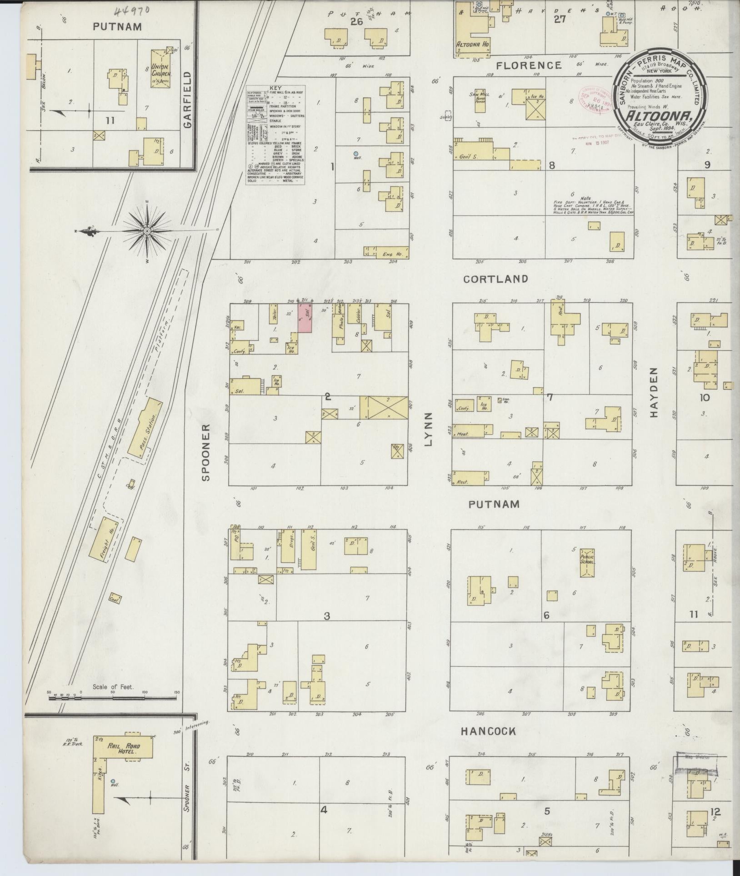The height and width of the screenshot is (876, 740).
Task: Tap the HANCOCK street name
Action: pos(489,731)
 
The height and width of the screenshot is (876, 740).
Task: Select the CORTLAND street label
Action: pos(496,279)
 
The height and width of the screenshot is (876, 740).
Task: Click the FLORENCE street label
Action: pos(529,65)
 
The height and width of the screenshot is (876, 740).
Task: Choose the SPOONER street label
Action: pos(205,452)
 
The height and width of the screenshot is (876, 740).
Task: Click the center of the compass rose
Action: pos(147,231)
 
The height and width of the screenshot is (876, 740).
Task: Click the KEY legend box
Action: pos(275,135)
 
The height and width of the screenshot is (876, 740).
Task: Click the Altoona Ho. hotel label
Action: pos(473,45)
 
